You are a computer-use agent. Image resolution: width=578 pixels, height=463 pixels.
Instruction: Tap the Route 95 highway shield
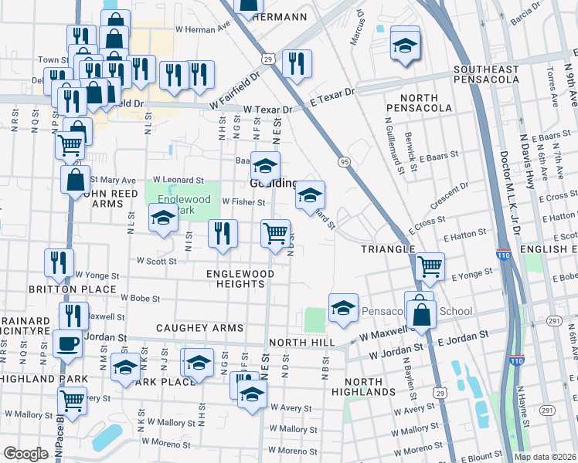tap(344, 161)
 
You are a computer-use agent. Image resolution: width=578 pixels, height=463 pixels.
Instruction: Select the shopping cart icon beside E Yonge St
tap(430, 266)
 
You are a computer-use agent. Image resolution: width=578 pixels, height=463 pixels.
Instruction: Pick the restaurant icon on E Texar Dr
tap(296, 63)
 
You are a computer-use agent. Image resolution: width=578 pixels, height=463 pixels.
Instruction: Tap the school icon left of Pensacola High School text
tap(343, 308)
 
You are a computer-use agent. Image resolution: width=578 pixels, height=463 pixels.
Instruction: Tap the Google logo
tap(25, 454)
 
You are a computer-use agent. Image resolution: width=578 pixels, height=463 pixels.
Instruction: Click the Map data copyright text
tap(544, 457)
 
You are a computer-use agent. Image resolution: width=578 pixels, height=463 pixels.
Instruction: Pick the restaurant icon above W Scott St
tap(223, 234)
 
